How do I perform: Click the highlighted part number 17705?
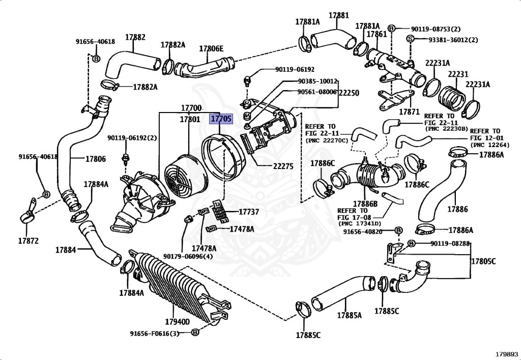(x=221, y=119)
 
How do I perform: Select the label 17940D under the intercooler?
(x=177, y=321)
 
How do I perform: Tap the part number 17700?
(x=191, y=108)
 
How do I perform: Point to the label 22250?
(x=349, y=93)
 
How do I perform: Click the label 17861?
(x=377, y=34)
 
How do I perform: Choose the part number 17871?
(x=409, y=112)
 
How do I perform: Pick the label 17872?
(x=28, y=241)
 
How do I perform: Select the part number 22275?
(x=269, y=167)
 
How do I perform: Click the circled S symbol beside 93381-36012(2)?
(x=410, y=39)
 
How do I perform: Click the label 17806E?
(x=211, y=49)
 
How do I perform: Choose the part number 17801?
(x=189, y=120)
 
